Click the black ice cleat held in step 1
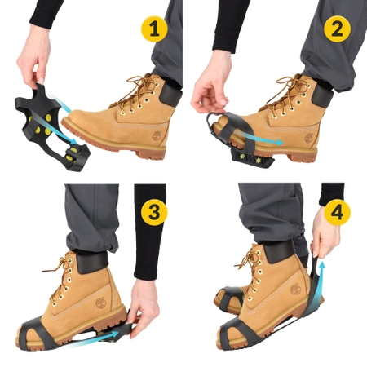(49, 130)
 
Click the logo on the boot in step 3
(99, 303)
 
